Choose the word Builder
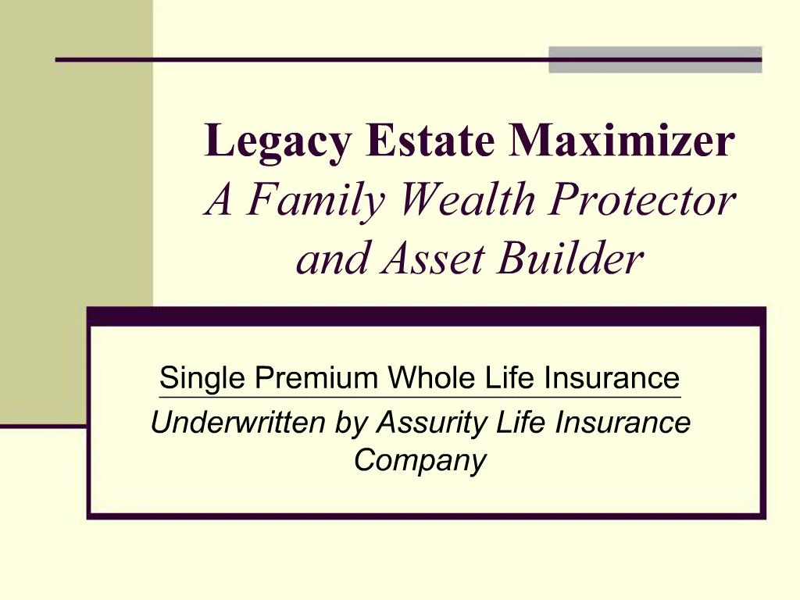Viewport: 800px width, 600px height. point(572,259)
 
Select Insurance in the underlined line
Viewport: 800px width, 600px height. point(612,379)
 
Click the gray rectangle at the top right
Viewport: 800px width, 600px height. point(655,60)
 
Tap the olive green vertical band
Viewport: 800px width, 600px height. point(76,211)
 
